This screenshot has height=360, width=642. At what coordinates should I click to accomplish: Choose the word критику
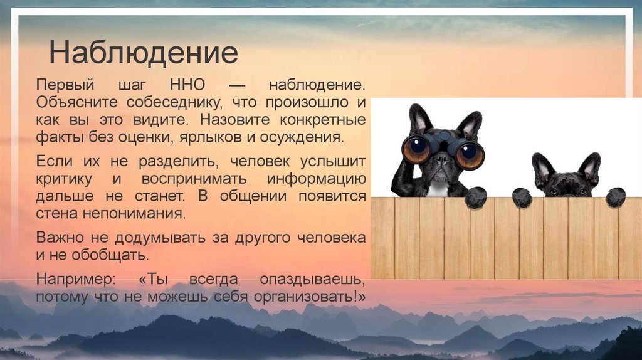pos(65,178)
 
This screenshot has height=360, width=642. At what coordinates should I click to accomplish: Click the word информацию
pos(316,178)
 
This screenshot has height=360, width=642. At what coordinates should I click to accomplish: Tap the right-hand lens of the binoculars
pos(469,154)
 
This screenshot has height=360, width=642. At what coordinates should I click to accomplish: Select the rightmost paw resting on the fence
pos(615,198)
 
